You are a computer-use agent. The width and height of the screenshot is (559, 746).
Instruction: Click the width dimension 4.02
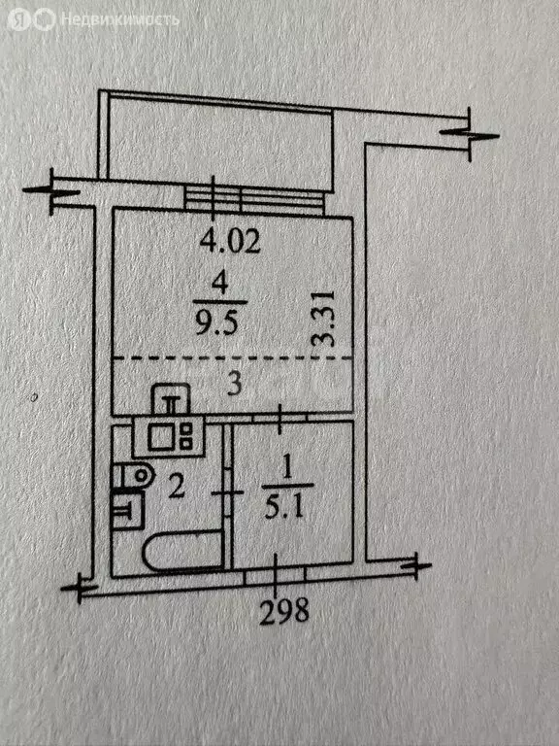230,242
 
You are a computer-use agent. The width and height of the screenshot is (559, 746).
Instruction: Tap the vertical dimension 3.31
326,319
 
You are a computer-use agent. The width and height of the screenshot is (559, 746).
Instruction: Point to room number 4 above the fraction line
219,286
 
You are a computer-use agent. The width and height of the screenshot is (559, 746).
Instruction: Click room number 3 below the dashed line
235,385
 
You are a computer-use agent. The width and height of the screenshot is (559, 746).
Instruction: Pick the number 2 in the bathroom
176,487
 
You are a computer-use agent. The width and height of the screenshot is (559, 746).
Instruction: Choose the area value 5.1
283,508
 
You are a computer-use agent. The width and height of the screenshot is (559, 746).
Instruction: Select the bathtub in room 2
182,551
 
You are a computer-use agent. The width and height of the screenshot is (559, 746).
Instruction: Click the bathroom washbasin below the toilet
128,509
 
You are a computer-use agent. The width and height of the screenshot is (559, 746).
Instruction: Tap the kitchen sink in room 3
171,398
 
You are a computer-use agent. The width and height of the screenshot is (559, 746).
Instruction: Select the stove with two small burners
169,436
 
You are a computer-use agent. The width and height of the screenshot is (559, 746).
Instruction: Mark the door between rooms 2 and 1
227,492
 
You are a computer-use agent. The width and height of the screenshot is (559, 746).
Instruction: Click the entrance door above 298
275,577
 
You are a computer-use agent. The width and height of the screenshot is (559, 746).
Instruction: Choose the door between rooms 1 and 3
279,419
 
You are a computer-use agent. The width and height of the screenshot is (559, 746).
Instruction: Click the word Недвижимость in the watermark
120,20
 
